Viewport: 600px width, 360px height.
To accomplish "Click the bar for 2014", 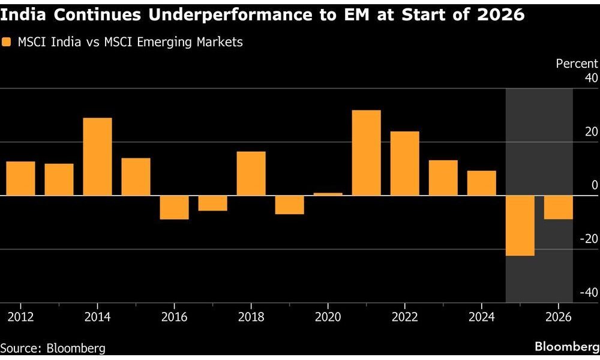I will pos(97,157).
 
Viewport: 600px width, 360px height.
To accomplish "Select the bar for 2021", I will pos(366,153).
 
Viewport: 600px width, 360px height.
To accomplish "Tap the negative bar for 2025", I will pos(520,226).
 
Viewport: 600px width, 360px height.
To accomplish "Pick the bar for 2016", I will pos(174,208).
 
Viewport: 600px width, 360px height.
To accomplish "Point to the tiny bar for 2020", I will pos(328,194).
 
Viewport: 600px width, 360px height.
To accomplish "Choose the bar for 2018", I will pos(251,173).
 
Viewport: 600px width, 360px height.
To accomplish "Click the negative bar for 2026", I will pos(559,208).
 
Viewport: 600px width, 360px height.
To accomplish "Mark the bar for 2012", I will pos(20,178).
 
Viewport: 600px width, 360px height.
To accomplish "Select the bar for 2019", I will pos(290,205).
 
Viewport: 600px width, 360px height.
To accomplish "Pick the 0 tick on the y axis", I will pos(595,185).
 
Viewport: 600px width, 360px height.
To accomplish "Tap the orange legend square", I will pos(7,42).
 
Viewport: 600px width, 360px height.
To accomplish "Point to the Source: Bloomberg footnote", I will pos(53,348).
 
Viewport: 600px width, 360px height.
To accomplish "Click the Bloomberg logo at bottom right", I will pos(567,347).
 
